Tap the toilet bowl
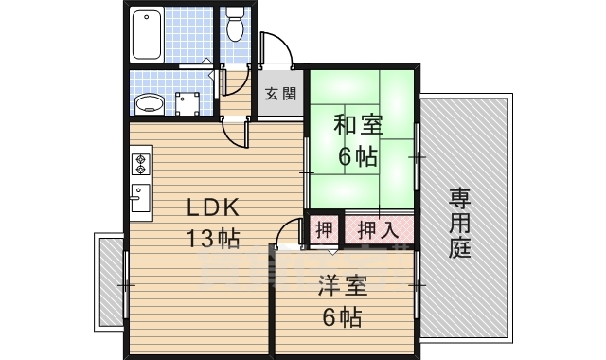236,25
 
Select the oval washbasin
148,101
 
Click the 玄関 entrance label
279,94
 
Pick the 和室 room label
359,124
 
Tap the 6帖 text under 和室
359,156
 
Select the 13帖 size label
211,238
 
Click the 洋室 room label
342,282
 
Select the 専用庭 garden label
461,225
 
